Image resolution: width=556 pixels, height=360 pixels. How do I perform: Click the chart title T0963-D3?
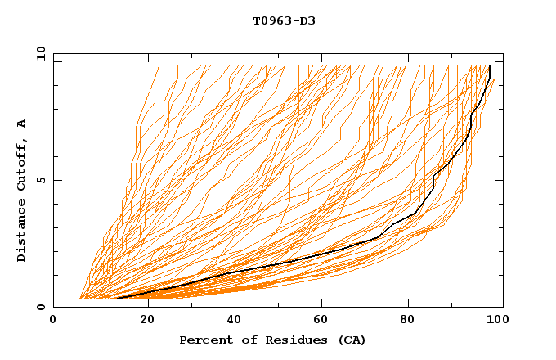pos(284,20)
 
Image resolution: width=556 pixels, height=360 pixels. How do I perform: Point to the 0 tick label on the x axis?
pos(53,321)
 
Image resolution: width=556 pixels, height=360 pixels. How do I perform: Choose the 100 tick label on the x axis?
pos(495,321)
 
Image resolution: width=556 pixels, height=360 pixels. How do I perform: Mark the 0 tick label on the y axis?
pos(41,308)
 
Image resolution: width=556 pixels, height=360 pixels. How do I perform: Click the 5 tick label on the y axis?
pos(41,180)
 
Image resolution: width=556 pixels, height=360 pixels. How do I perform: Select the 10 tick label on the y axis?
pos(38,53)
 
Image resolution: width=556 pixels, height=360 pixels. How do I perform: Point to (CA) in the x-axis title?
pos(352,340)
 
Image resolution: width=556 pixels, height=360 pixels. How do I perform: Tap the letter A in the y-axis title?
pos(22,123)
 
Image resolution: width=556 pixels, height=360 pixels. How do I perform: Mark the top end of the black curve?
pos(490,66)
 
